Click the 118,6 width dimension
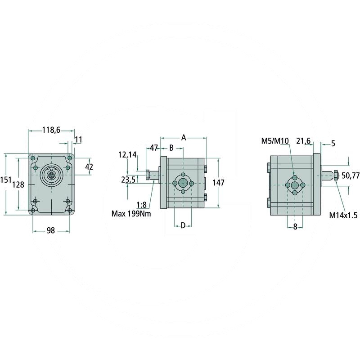51,130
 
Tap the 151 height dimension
6,180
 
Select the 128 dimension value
18,184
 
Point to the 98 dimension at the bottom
51,230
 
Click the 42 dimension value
89,166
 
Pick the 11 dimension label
78,139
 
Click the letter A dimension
184,138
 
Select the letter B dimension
171,148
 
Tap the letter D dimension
183,225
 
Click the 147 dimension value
218,183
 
